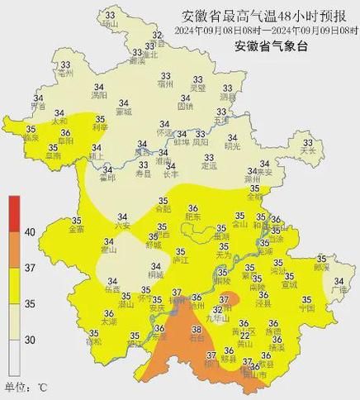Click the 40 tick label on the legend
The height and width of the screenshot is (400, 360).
30,233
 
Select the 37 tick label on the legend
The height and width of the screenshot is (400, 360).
30,269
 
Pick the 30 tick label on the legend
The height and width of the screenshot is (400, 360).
30,340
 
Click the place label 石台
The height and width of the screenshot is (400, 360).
197,337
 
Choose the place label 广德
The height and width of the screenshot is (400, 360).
338,290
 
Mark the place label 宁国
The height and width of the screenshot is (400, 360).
306,308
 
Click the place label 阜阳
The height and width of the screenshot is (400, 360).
64,141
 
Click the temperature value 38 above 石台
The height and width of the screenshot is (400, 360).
197,328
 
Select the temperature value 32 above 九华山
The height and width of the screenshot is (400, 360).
218,308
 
